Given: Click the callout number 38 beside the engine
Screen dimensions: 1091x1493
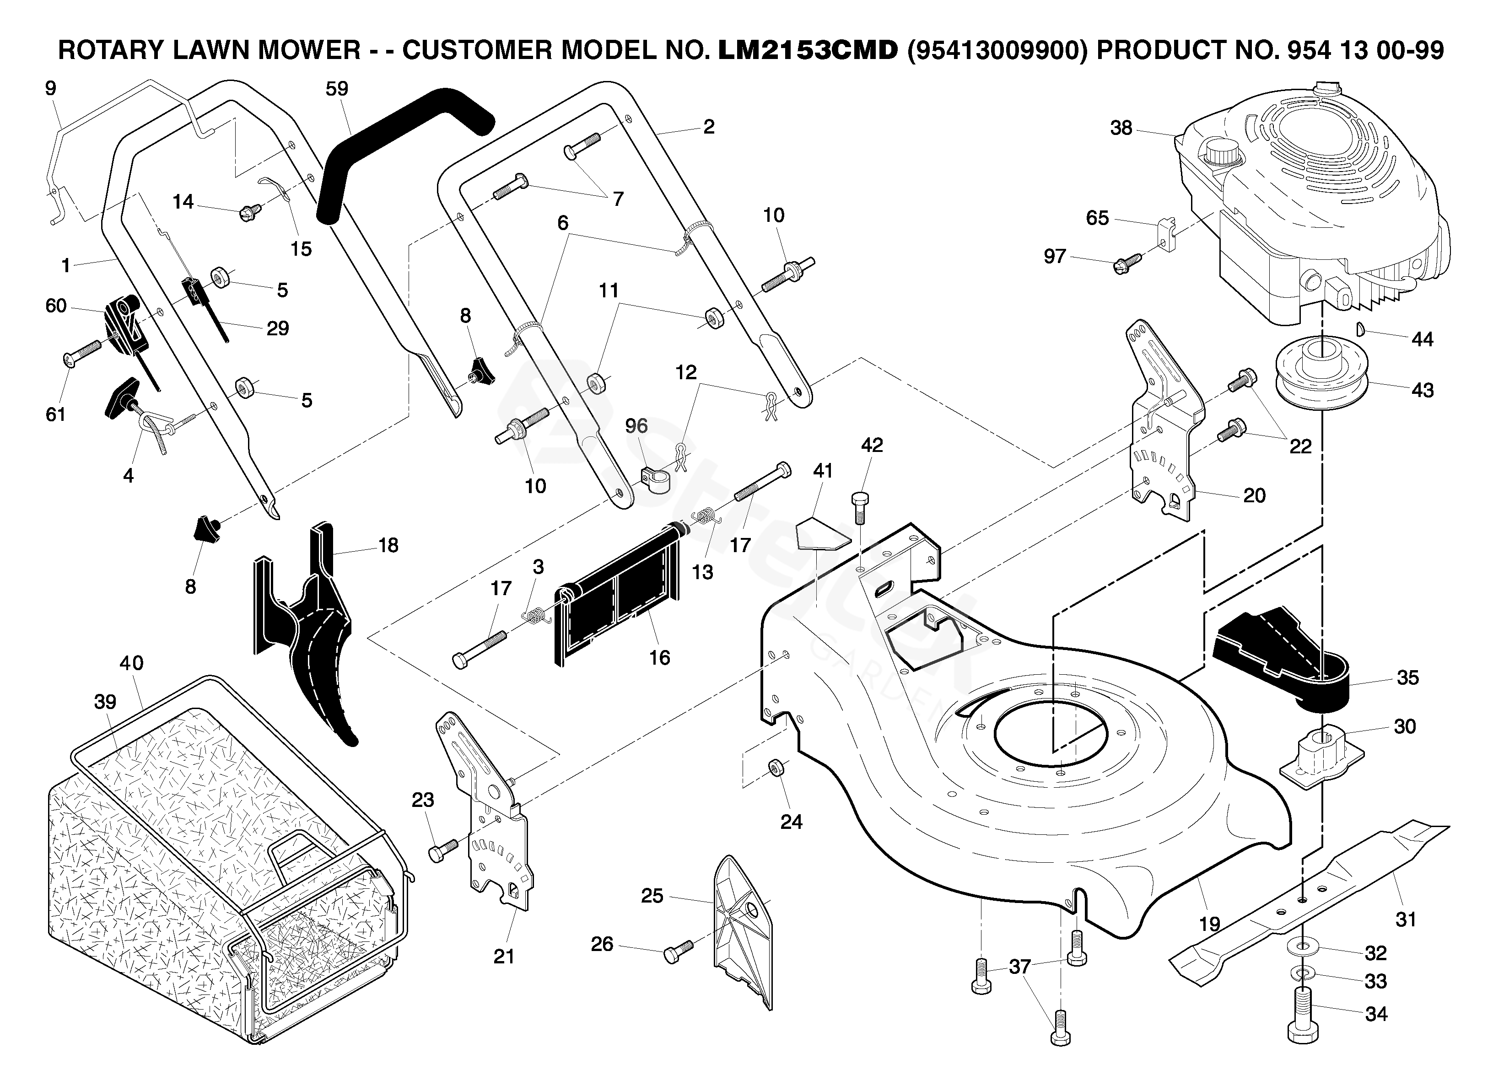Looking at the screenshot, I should [x=1121, y=128].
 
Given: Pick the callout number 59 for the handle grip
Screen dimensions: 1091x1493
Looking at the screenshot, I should [x=337, y=88].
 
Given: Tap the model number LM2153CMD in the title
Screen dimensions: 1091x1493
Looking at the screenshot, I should [x=807, y=50].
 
